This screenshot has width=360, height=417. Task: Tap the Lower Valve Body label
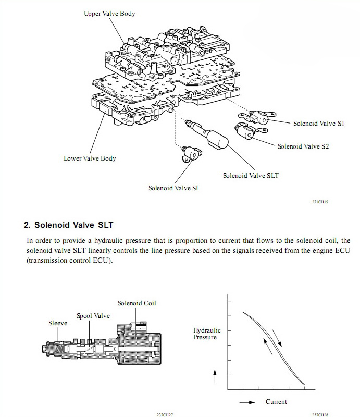point(90,158)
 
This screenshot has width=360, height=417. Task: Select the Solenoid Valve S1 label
point(319,124)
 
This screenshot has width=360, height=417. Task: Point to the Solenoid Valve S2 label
point(303,146)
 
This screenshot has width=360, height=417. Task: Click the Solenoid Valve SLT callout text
point(251,176)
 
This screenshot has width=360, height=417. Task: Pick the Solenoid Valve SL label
point(174,188)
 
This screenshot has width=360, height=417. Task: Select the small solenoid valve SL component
point(190,153)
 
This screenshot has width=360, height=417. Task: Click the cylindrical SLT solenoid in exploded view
point(217,138)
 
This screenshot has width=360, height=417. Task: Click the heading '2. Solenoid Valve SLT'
point(69,225)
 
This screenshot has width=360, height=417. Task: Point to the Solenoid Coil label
point(137,303)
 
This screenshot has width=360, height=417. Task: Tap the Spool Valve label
point(93,316)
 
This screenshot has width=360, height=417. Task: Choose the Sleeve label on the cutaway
point(58,324)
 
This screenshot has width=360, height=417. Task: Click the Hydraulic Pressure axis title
point(207,334)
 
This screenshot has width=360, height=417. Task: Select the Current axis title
point(276,402)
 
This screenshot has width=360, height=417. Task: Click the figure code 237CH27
point(165,415)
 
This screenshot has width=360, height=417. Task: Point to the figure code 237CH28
point(320,415)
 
